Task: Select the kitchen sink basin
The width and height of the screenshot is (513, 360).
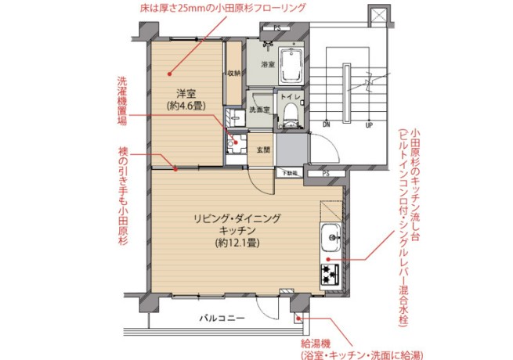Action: click(330, 234)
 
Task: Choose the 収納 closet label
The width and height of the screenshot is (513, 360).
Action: click(233, 74)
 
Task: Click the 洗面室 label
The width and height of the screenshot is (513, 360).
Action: click(260, 110)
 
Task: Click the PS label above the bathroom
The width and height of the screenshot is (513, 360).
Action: click(276, 28)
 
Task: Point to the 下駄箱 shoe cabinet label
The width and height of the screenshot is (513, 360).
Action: click(291, 172)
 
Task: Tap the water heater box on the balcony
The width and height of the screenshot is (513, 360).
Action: click(298, 317)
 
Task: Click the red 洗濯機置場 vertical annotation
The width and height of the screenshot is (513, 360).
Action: click(122, 106)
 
